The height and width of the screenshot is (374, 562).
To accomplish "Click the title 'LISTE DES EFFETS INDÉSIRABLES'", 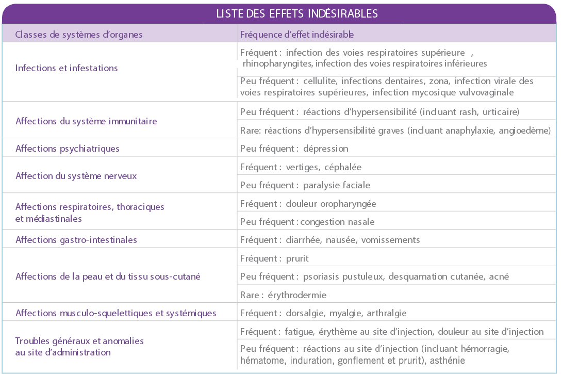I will point(297,13).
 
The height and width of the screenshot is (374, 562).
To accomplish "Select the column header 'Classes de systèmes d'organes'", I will point(79,35).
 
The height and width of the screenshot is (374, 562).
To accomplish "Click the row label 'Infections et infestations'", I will point(67,68).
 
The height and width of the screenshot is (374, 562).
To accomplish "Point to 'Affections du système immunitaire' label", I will point(86,121).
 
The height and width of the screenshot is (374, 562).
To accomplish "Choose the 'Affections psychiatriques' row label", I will point(67,149).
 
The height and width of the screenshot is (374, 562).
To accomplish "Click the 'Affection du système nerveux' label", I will point(76,176).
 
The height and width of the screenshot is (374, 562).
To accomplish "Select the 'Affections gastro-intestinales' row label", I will point(76,240).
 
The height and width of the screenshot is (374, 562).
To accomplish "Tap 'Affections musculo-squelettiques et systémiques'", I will point(115,313).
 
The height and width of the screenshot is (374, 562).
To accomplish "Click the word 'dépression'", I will point(326,149).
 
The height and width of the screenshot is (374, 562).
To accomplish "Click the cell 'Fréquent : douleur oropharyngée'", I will point(308,204).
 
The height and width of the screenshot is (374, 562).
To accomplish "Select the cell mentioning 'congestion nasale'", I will point(307,222).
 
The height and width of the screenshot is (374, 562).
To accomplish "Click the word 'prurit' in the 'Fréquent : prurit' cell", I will point(297,258).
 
